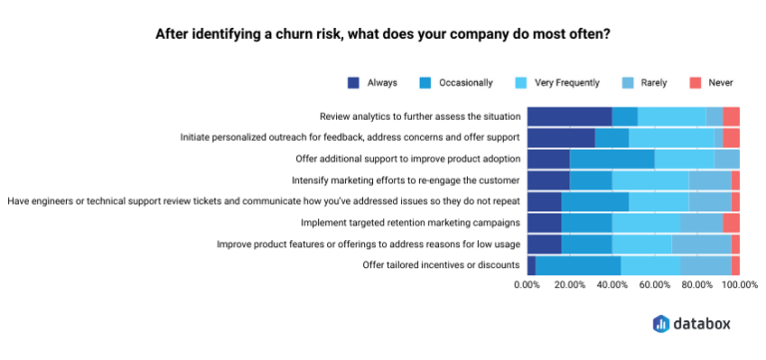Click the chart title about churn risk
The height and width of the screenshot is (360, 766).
click(x=383, y=33)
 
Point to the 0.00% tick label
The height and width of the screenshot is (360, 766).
click(x=526, y=285)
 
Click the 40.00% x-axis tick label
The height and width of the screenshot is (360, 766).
click(x=611, y=285)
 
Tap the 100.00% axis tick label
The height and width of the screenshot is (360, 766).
click(x=739, y=285)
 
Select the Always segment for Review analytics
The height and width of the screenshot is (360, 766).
click(x=569, y=117)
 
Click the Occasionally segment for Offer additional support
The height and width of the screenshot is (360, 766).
click(x=611, y=159)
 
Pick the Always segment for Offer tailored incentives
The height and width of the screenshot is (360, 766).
click(x=532, y=264)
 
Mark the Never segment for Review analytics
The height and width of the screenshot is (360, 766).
click(x=731, y=117)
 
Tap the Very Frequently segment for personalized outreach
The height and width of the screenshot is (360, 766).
click(x=671, y=138)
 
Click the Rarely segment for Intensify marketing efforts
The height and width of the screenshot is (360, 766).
click(x=709, y=180)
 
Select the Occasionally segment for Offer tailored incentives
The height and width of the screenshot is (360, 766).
click(x=577, y=264)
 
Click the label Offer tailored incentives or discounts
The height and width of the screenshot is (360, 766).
click(x=442, y=264)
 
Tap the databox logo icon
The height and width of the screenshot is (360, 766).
click(x=661, y=323)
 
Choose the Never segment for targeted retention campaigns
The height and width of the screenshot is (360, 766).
click(x=731, y=222)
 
